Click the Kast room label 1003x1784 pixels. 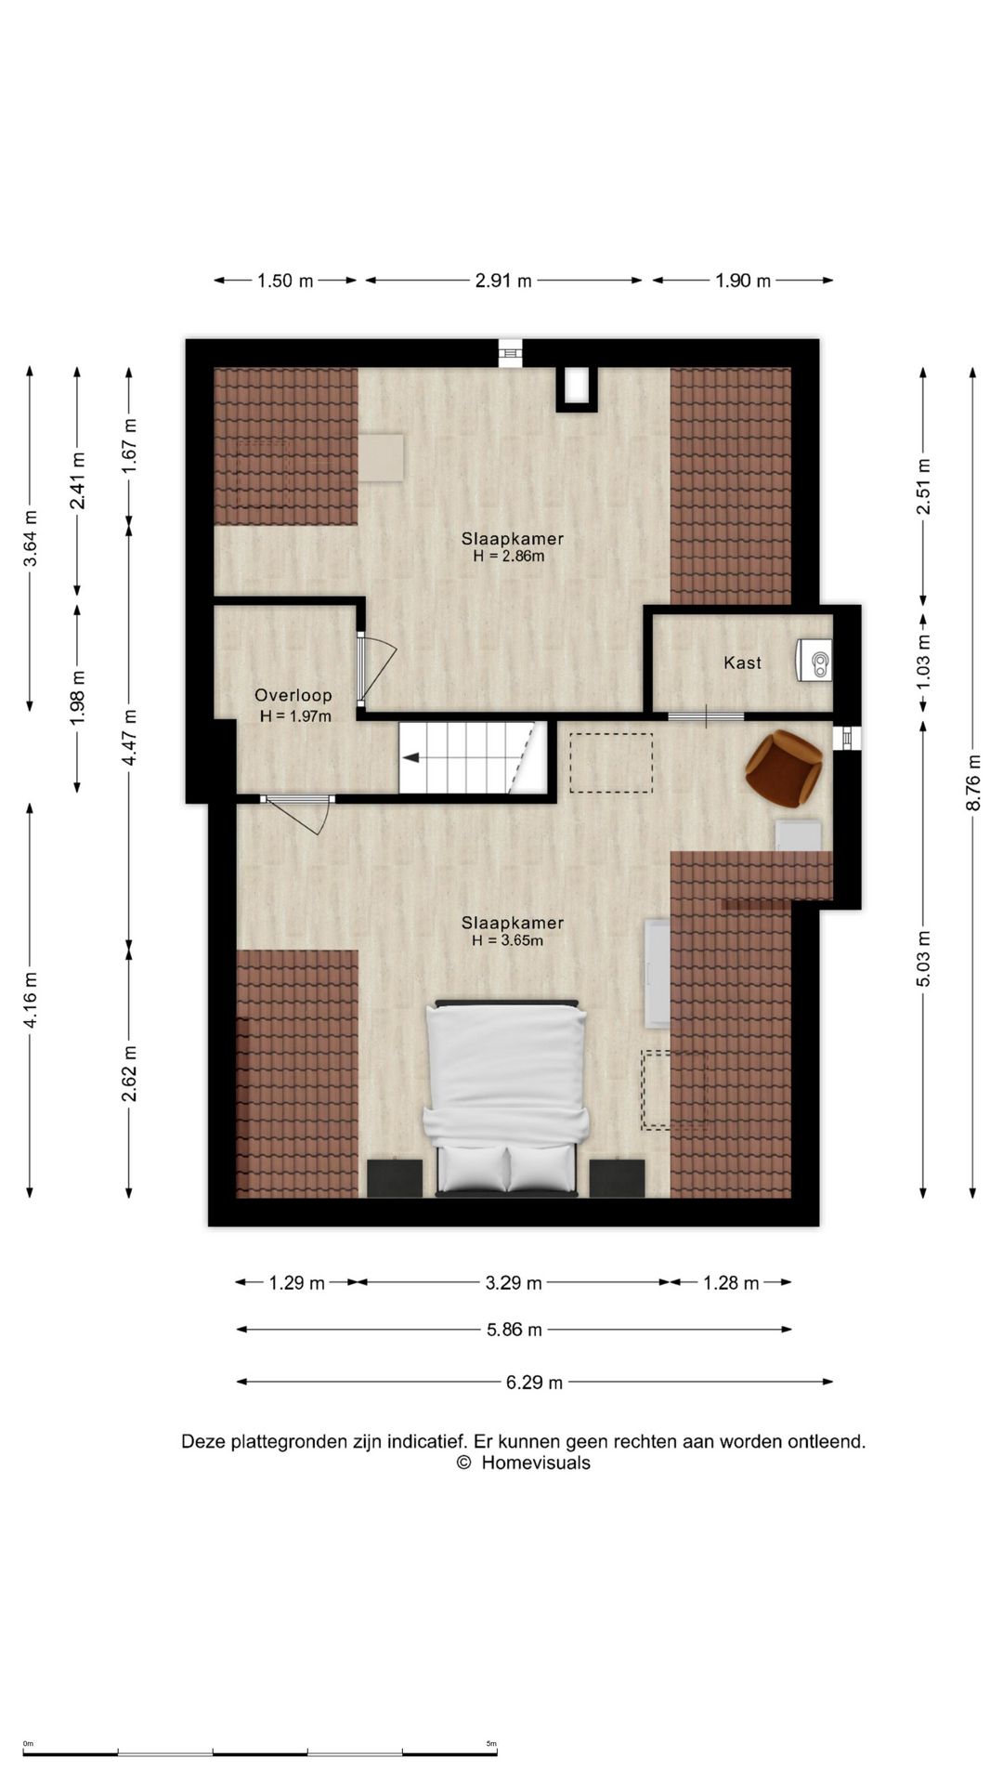[742, 662]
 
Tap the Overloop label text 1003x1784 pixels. [293, 695]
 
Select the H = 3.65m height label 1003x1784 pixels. [507, 940]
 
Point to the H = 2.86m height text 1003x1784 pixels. [508, 557]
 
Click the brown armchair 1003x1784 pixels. [784, 767]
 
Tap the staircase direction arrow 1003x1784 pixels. [410, 757]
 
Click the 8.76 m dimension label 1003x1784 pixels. [973, 781]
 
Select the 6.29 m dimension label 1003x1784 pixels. [534, 1383]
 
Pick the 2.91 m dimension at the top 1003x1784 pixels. [503, 281]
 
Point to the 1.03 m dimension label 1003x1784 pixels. [923, 662]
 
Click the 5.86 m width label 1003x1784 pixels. [515, 1330]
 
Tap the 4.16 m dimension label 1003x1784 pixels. [31, 1000]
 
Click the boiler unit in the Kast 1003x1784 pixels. [814, 661]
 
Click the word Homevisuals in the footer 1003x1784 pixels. [536, 1463]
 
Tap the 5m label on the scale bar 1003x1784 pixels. [491, 1743]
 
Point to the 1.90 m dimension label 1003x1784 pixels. [743, 281]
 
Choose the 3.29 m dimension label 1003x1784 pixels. [514, 1283]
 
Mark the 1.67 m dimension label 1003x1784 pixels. [130, 446]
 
